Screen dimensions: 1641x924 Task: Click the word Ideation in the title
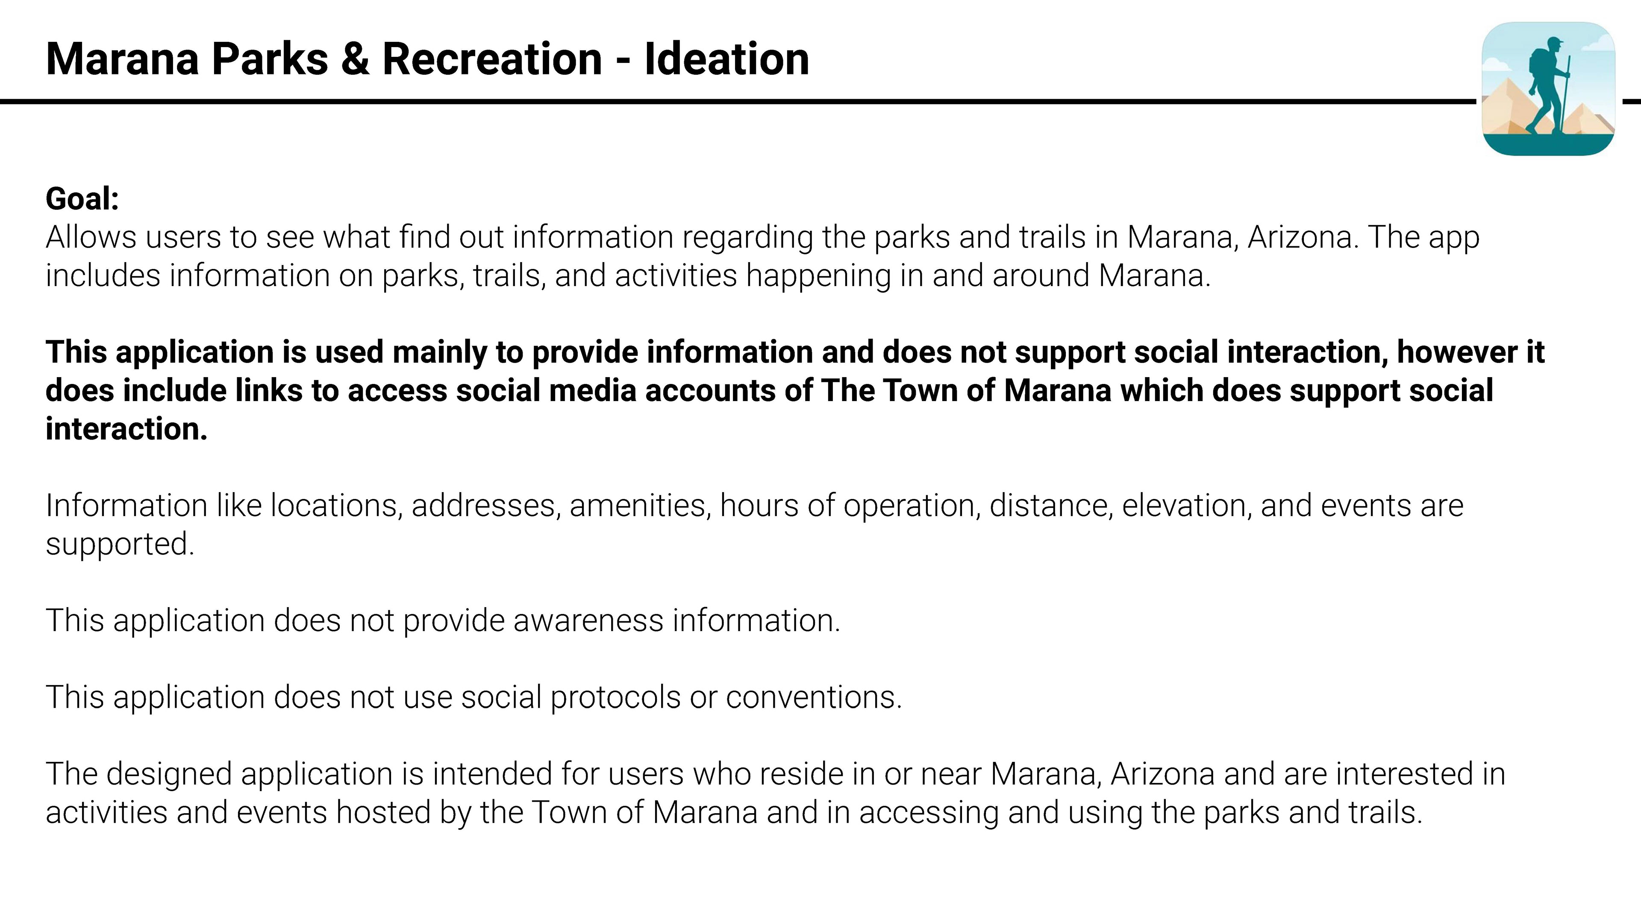tap(726, 59)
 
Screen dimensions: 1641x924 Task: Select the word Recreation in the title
tap(492, 59)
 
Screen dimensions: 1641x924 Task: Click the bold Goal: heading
tap(82, 199)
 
